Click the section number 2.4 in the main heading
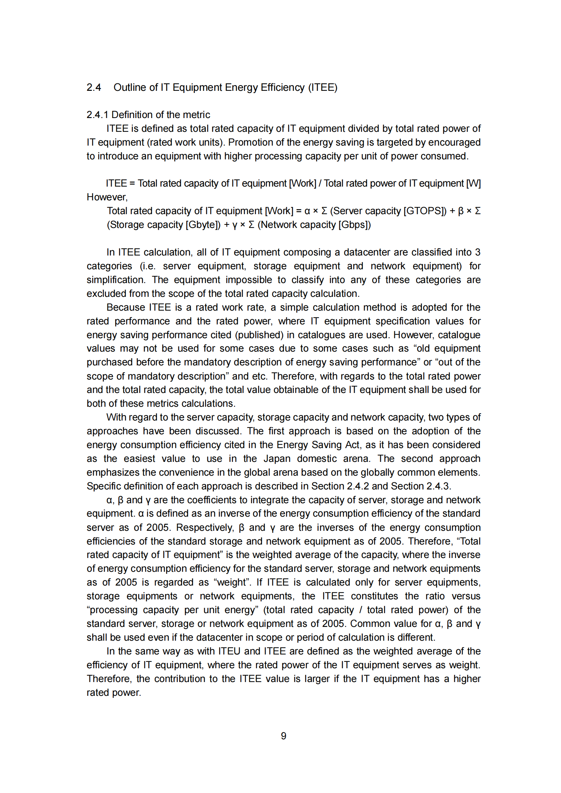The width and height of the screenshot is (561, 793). point(94,87)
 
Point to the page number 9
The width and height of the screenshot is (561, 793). point(283,736)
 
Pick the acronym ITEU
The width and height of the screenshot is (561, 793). point(229,651)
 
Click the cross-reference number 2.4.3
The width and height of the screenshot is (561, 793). point(438,486)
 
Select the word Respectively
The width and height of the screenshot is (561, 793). point(205,528)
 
